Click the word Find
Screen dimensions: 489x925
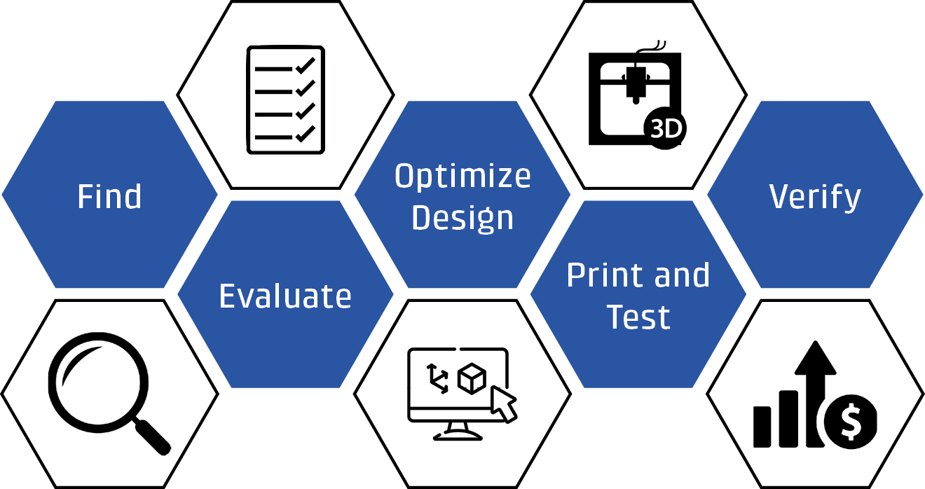(x=109, y=196)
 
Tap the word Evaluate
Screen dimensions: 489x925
(x=285, y=296)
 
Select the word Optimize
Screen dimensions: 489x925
(x=463, y=176)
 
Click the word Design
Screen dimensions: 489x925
(x=463, y=217)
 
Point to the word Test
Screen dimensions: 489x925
(x=638, y=317)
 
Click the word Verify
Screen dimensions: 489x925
(x=815, y=197)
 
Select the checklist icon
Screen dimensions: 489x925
(x=285, y=99)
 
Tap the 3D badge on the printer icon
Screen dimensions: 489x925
(x=665, y=129)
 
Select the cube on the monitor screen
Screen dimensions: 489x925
(x=471, y=379)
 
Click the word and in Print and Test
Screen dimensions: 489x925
(x=678, y=275)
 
